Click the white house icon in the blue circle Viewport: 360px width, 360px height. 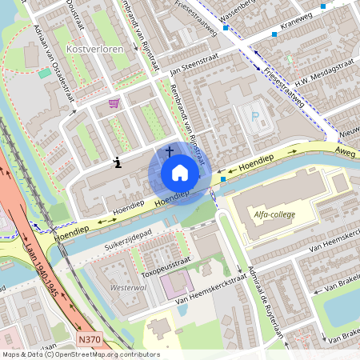[x=180, y=172]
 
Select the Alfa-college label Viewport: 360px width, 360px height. [x=272, y=214]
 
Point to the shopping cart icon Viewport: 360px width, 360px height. [x=114, y=103]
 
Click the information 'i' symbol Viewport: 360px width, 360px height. [x=118, y=162]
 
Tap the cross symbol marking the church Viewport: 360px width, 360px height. [x=170, y=150]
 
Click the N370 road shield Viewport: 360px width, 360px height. [x=90, y=340]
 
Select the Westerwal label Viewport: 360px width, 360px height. [x=128, y=286]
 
